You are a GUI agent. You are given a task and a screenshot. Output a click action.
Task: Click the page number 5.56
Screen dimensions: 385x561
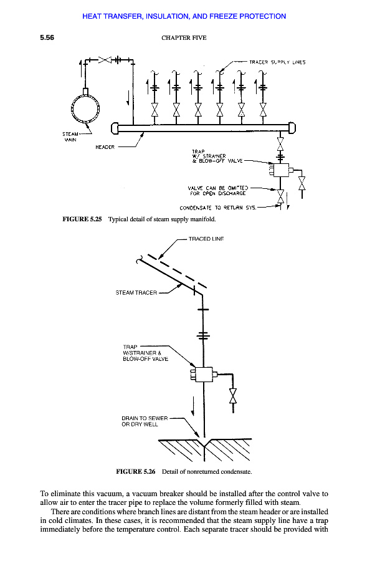pyautogui.click(x=47, y=37)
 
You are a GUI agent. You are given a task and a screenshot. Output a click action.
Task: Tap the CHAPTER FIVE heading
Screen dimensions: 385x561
pyautogui.click(x=184, y=38)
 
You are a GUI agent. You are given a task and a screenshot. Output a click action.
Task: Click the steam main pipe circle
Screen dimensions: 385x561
pyautogui.click(x=85, y=108)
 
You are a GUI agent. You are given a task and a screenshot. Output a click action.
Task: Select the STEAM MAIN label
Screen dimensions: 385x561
pyautogui.click(x=70, y=137)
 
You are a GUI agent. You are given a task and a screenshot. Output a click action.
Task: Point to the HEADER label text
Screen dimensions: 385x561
pyautogui.click(x=105, y=147)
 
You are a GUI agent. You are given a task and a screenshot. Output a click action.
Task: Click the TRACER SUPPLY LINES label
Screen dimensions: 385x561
pyautogui.click(x=277, y=62)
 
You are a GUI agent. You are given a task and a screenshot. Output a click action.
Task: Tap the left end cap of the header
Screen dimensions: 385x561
pyautogui.click(x=115, y=128)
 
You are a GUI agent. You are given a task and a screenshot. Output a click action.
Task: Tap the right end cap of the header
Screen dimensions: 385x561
pyautogui.click(x=292, y=128)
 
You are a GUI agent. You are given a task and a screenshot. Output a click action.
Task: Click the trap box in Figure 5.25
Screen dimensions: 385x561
pyautogui.click(x=281, y=170)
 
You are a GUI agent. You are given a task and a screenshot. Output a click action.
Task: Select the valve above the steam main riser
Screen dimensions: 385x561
pyautogui.click(x=105, y=60)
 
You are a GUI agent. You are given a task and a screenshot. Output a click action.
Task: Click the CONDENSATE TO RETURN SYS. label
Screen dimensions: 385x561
pyautogui.click(x=217, y=208)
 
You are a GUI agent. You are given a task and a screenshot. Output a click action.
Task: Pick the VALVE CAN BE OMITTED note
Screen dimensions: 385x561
pyautogui.click(x=217, y=191)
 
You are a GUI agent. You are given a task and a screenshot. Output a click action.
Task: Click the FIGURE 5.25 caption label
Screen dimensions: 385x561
pyautogui.click(x=82, y=219)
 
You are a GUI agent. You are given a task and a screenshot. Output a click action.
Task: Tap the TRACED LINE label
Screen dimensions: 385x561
pyautogui.click(x=206, y=239)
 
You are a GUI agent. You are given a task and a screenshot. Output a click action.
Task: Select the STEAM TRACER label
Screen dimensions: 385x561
pyautogui.click(x=136, y=293)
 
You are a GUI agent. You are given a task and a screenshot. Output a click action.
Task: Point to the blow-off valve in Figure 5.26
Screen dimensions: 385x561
pyautogui.click(x=233, y=396)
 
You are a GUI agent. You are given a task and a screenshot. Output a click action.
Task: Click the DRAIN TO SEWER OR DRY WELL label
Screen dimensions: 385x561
pyautogui.click(x=145, y=421)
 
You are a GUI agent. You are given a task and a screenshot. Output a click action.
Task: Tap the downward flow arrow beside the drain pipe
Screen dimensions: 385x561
pyautogui.click(x=193, y=406)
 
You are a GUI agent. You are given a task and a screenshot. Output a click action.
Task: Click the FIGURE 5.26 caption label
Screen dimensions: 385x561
pyautogui.click(x=135, y=472)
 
